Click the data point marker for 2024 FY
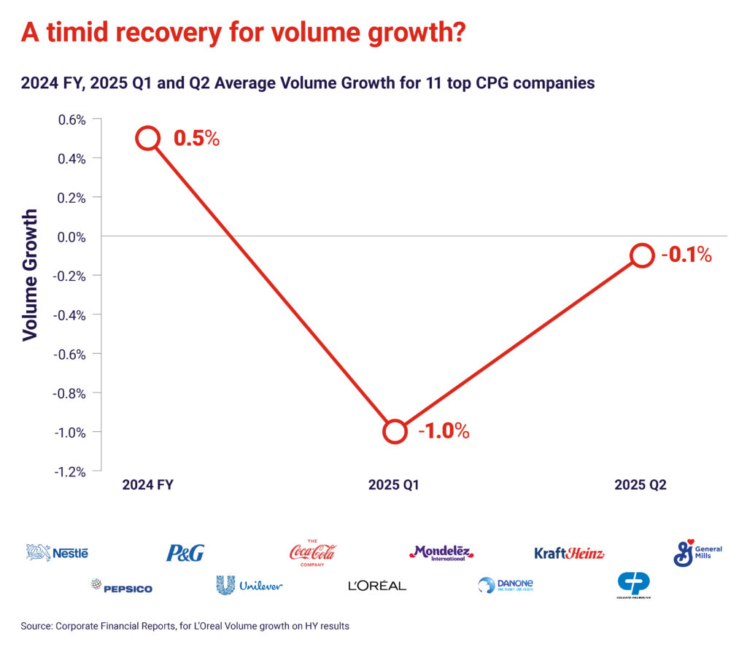pyautogui.click(x=148, y=138)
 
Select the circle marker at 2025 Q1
pyautogui.click(x=395, y=431)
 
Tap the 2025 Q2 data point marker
pyautogui.click(x=641, y=255)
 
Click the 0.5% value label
pyautogui.click(x=196, y=139)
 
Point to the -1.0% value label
pyautogui.click(x=443, y=431)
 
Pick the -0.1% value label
pyautogui.click(x=686, y=255)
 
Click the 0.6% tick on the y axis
pyautogui.click(x=72, y=119)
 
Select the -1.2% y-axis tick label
pyautogui.click(x=70, y=471)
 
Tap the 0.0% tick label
pyautogui.click(x=72, y=236)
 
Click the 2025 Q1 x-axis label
pyautogui.click(x=395, y=484)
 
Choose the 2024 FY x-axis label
pyautogui.click(x=148, y=484)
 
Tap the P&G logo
pyautogui.click(x=185, y=553)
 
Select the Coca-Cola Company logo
pyautogui.click(x=312, y=552)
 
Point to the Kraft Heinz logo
pyautogui.click(x=569, y=553)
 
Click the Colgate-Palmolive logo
pyautogui.click(x=633, y=586)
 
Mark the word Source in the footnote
pyautogui.click(x=39, y=626)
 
